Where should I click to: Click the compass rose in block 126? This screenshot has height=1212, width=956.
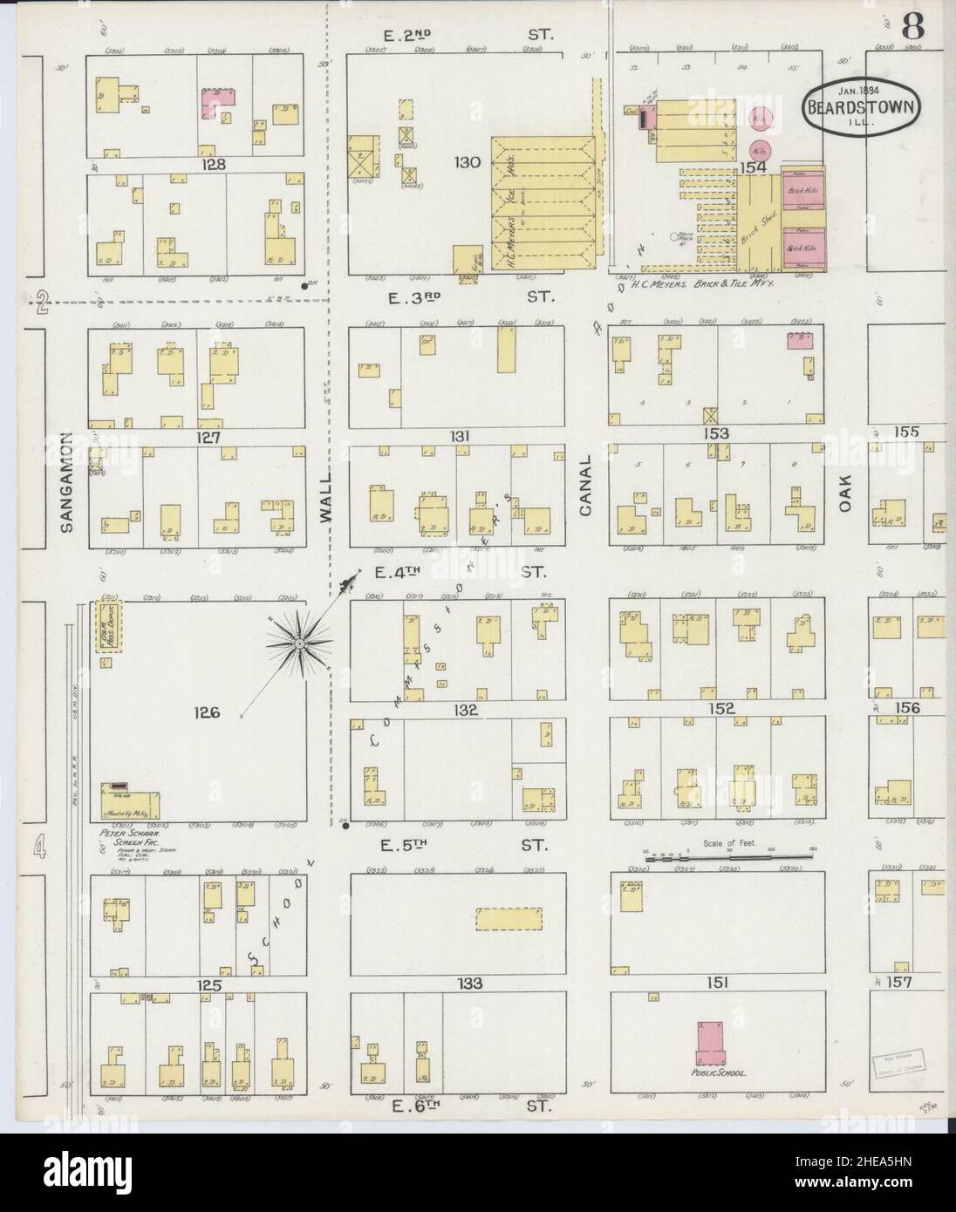300,643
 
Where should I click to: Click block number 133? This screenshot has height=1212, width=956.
469,984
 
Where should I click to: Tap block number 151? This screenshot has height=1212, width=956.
717,984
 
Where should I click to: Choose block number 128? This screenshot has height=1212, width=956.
211,164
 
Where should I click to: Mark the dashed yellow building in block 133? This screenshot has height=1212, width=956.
509,919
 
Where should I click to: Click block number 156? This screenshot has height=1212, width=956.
906,708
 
